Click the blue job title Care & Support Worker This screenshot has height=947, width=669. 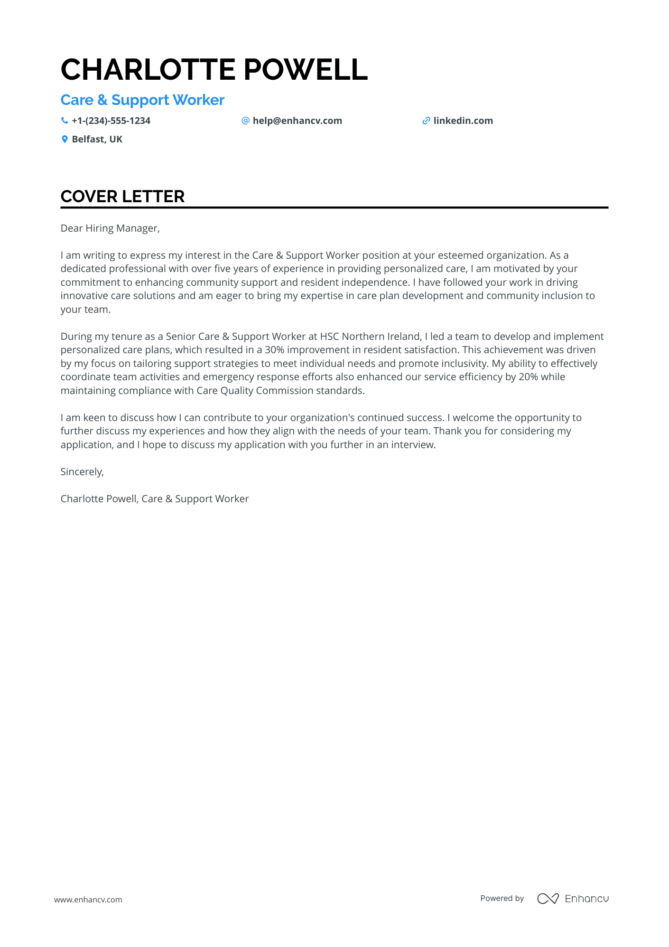pyautogui.click(x=142, y=100)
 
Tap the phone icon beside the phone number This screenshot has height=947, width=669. pyautogui.click(x=65, y=121)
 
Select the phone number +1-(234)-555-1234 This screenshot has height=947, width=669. pyautogui.click(x=111, y=121)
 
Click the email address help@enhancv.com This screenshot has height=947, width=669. pyautogui.click(x=297, y=121)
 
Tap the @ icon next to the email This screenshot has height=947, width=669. pyautogui.click(x=245, y=121)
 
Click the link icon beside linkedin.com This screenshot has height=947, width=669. pyautogui.click(x=426, y=121)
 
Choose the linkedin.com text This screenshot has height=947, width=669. pyautogui.click(x=463, y=121)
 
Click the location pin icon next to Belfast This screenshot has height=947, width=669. pyautogui.click(x=65, y=139)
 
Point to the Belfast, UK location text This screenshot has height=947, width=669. pyautogui.click(x=97, y=139)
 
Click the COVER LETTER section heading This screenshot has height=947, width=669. pyautogui.click(x=122, y=197)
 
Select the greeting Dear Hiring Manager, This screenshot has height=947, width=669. pyautogui.click(x=110, y=228)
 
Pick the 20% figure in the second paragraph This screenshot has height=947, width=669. pyautogui.click(x=528, y=377)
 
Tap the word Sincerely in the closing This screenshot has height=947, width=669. pyautogui.click(x=81, y=472)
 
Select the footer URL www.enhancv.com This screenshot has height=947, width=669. pyautogui.click(x=88, y=900)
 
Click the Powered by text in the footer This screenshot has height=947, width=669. pyautogui.click(x=502, y=898)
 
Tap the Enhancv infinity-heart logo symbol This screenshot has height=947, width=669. pyautogui.click(x=548, y=898)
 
